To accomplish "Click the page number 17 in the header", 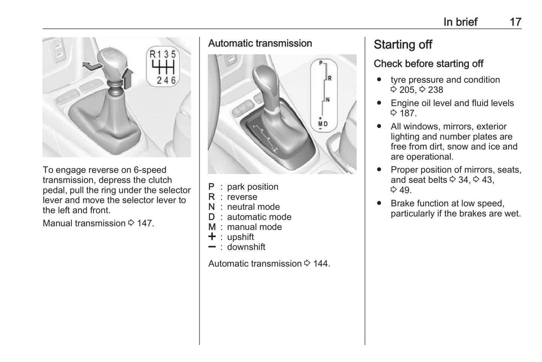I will click(x=515, y=22).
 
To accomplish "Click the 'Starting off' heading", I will click(x=403, y=45).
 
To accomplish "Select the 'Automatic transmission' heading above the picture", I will click(x=260, y=44).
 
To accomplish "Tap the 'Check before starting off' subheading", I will click(x=428, y=64).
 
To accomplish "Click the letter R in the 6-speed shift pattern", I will click(x=153, y=54).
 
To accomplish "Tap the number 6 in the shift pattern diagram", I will click(x=173, y=80).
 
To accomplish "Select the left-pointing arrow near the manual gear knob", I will click(x=91, y=66).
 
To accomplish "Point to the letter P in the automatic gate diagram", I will click(x=321, y=63).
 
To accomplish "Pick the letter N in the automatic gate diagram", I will click(x=327, y=100).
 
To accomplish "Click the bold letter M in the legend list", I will click(x=212, y=227).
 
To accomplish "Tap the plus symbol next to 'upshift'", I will click(x=212, y=237).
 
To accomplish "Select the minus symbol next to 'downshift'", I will click(x=212, y=247).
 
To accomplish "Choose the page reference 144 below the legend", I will click(x=321, y=264).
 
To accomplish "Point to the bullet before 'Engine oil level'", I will click(x=379, y=103).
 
